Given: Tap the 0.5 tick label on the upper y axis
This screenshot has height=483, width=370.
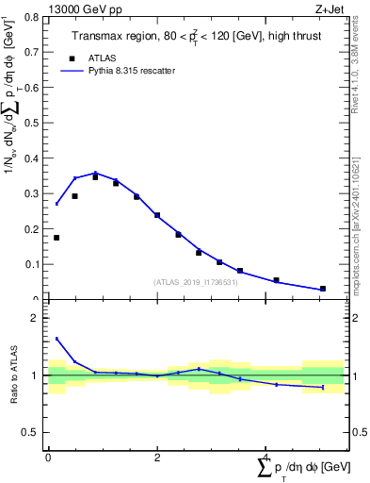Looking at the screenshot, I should tap(32, 123).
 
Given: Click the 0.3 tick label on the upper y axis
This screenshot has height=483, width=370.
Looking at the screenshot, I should tap(32, 193).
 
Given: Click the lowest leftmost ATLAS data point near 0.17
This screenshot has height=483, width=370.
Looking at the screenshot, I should tap(56, 238).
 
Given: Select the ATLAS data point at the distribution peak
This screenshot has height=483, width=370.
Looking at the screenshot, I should tap(95, 176).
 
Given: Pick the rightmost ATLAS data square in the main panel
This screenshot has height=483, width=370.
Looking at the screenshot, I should tap(323, 289).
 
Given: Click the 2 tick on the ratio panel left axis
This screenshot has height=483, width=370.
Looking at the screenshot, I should tap(35, 318).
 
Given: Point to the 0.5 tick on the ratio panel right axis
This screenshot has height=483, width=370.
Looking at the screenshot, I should tap(353, 432).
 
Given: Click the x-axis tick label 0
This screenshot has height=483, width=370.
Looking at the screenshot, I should tap(48, 458).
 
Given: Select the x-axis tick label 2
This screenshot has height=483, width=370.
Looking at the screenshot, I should tap(157, 458).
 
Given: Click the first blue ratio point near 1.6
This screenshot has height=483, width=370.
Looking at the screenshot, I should tap(56, 339).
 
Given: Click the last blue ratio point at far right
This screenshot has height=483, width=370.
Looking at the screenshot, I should tap(323, 387).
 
